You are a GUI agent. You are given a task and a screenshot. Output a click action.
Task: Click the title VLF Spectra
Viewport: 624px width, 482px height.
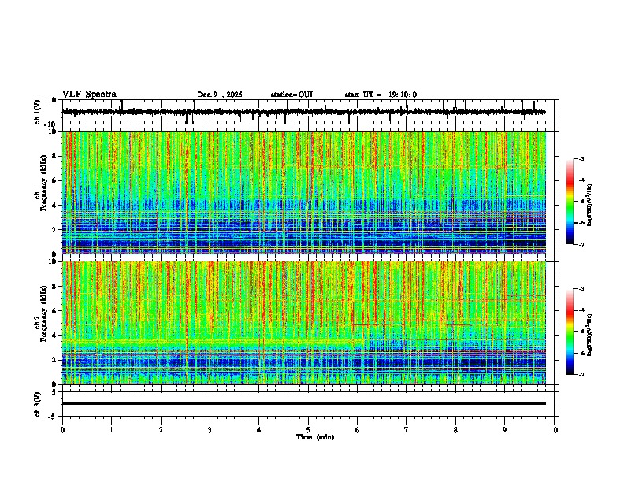89,95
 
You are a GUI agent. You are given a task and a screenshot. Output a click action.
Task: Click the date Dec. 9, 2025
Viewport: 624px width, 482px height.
221,95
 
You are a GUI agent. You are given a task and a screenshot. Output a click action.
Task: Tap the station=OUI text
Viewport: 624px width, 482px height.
292,95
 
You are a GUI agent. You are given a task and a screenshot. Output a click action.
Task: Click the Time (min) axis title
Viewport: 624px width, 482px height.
314,436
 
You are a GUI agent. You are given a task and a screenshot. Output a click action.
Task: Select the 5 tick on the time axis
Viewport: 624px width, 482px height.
308,429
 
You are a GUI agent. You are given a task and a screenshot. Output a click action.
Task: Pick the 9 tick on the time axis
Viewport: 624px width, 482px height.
505,429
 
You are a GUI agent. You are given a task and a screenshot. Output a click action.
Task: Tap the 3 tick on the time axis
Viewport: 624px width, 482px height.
210,429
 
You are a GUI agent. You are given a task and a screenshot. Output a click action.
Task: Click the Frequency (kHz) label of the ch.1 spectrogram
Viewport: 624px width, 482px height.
45,192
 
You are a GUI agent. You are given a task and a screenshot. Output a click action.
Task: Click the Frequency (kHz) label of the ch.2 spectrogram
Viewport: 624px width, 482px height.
45,322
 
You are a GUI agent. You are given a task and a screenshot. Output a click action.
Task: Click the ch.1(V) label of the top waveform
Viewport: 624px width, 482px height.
37,112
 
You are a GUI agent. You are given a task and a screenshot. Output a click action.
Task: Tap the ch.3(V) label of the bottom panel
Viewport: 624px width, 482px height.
37,402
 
